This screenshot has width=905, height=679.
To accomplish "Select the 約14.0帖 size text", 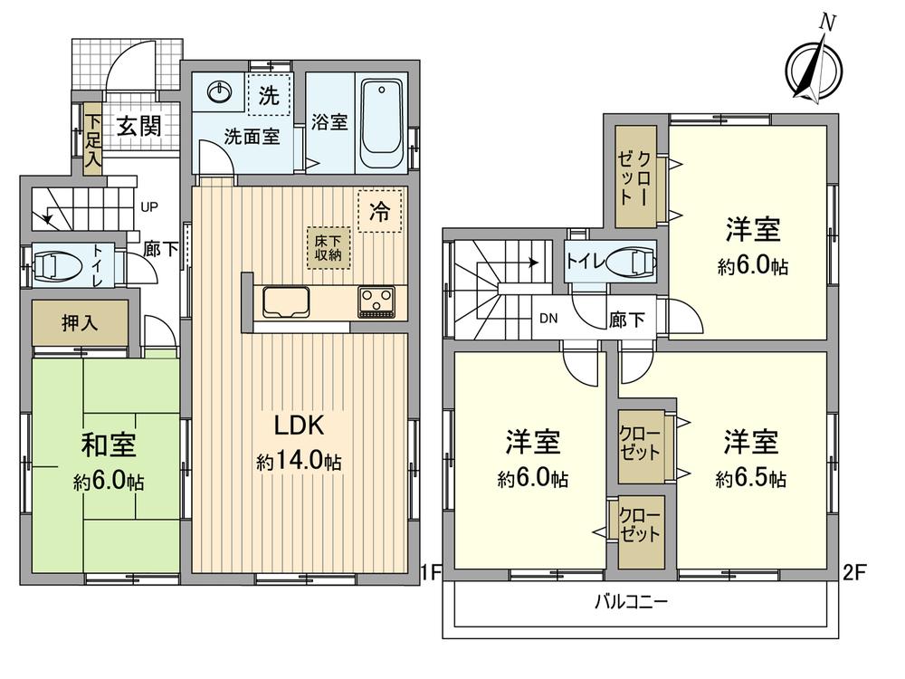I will coord(299,463).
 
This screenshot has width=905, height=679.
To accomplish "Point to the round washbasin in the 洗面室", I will coord(220,91).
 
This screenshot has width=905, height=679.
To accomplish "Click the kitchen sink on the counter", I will coord(286,301).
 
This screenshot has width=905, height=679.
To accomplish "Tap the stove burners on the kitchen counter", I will coord(377,301).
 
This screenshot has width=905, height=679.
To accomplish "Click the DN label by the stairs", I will coord(548,319).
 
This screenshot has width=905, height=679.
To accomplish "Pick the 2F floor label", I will coord(855,572).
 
